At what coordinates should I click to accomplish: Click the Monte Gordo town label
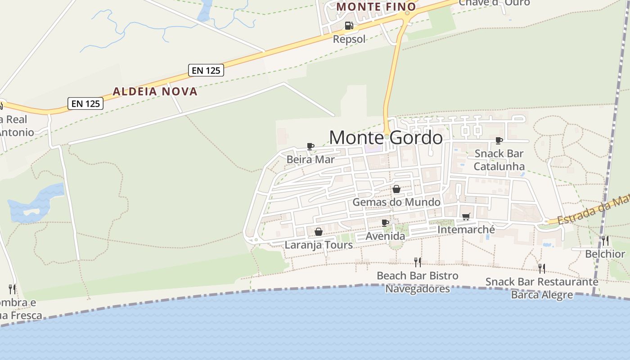(x=386, y=138)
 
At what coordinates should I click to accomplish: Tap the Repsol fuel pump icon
(x=349, y=26)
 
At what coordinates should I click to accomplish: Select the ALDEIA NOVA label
(x=155, y=92)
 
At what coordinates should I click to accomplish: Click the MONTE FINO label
(x=376, y=7)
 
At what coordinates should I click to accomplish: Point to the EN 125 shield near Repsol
(x=206, y=70)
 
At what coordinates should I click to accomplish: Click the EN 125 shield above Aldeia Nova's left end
(x=86, y=103)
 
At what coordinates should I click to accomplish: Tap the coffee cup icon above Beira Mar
(x=310, y=146)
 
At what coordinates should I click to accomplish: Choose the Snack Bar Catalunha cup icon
(x=499, y=141)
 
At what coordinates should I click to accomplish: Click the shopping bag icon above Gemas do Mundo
(x=396, y=189)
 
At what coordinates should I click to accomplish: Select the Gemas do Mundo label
(x=396, y=202)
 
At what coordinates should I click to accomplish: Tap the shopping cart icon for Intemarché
(x=466, y=217)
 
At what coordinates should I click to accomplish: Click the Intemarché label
(x=466, y=229)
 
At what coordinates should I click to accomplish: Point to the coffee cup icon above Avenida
(x=385, y=223)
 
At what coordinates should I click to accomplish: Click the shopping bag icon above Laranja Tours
(x=319, y=232)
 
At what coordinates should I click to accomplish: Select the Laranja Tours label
(x=319, y=245)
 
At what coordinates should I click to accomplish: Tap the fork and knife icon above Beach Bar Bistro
(x=418, y=262)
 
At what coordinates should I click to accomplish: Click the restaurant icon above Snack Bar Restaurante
(x=542, y=268)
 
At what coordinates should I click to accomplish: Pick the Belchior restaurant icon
(x=605, y=241)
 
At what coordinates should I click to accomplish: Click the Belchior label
(x=605, y=254)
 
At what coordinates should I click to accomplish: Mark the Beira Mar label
(x=310, y=159)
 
